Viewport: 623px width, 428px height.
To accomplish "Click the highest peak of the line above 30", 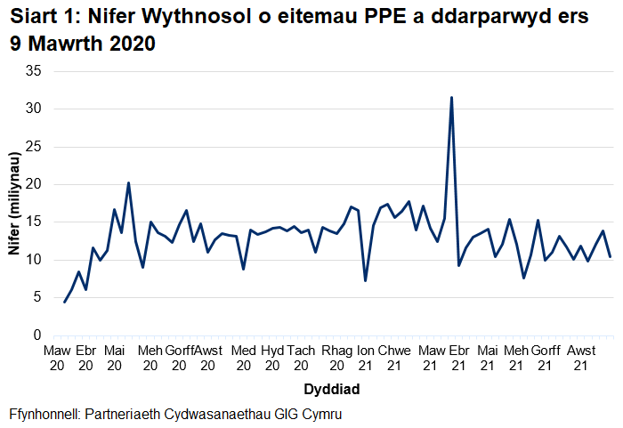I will point(452,98).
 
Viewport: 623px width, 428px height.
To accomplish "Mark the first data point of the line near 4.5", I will point(64,303).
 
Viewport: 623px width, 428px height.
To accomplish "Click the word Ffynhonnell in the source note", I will point(45,415).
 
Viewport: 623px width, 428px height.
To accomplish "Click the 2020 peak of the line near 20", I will point(129,183).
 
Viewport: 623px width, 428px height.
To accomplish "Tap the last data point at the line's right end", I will point(611,257).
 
